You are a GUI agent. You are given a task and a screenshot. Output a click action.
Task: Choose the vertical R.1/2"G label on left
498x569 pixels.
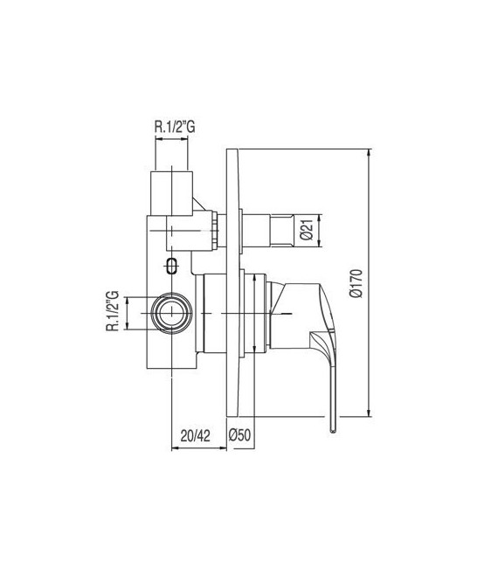click(x=112, y=313)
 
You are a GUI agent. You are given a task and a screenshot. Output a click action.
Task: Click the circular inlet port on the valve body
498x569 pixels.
click(x=169, y=313)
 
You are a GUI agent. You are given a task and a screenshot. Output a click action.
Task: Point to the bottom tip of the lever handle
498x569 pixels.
click(x=333, y=429)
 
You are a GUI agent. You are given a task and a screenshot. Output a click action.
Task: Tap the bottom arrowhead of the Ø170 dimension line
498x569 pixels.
click(x=370, y=414)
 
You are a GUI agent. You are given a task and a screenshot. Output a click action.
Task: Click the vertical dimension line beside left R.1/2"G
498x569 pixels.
click(x=128, y=313)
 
